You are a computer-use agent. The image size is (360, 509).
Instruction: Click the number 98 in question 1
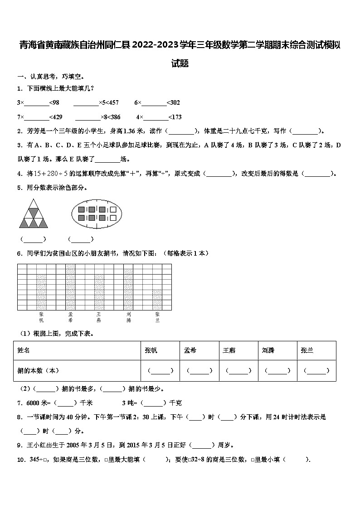pyautogui.click(x=56, y=103)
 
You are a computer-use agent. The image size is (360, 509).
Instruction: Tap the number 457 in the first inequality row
pyautogui.click(x=113, y=103)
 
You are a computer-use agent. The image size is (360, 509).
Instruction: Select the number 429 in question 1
pyautogui.click(x=58, y=117)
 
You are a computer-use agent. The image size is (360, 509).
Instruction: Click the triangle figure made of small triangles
pyautogui.click(x=34, y=214)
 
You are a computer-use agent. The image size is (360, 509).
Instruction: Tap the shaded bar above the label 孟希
pyautogui.click(x=70, y=287)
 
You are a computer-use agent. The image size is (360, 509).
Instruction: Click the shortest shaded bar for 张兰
pyautogui.click(x=157, y=300)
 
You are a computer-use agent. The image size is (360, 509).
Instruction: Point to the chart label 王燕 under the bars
pyautogui.click(x=99, y=317)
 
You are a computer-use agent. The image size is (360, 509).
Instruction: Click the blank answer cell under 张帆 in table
pyautogui.click(x=160, y=371)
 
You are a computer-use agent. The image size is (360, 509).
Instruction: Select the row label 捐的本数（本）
pyautogui.click(x=39, y=371)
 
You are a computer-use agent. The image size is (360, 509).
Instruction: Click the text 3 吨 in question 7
pyautogui.click(x=129, y=403)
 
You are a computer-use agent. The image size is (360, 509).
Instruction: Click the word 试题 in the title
pyautogui.click(x=180, y=63)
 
